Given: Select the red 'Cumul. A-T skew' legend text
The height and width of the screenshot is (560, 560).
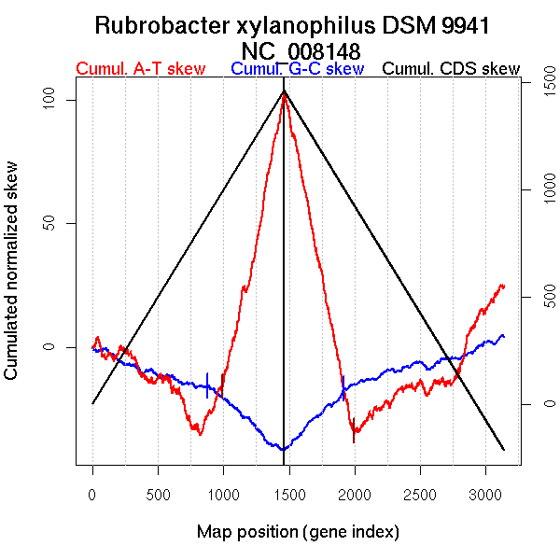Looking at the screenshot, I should (x=140, y=70).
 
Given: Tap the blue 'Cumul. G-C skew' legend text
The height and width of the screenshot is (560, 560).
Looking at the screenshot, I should (x=297, y=70).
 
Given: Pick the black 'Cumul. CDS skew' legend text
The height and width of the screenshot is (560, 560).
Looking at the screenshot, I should (x=452, y=70).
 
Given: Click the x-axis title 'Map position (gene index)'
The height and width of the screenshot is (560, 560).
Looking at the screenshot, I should (x=298, y=532).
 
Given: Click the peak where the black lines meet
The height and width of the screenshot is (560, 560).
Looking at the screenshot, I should (x=284, y=91).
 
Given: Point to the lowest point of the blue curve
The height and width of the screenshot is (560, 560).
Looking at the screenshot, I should (x=283, y=450).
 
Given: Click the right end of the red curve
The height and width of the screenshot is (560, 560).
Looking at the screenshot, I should (x=504, y=286).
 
